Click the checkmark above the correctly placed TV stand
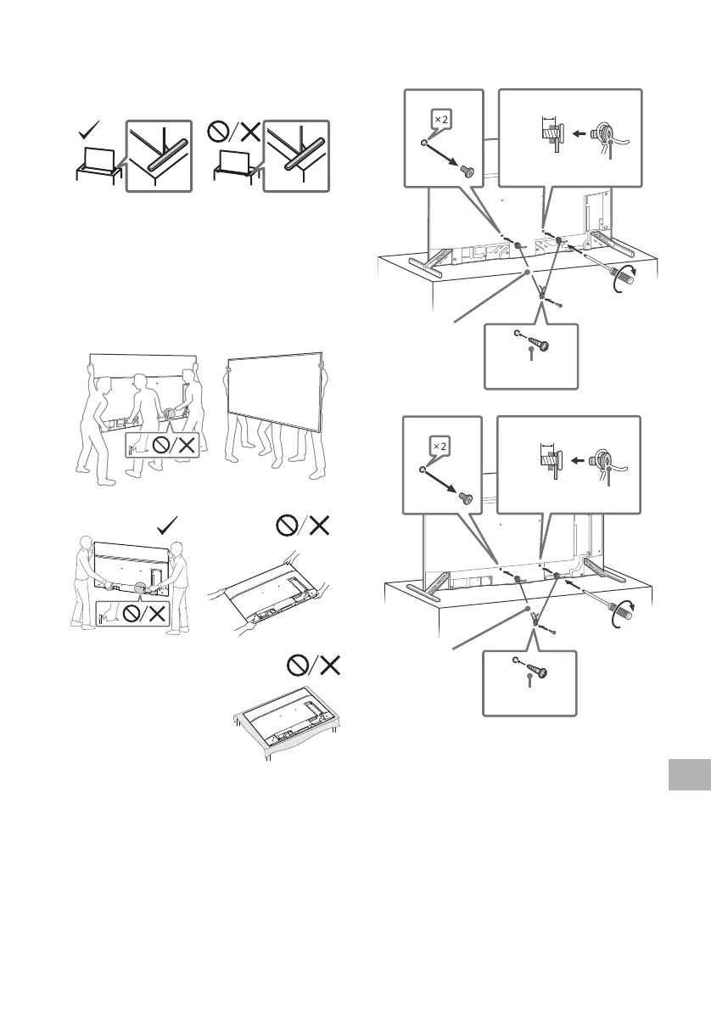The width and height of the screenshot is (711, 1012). pyautogui.click(x=87, y=131)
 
